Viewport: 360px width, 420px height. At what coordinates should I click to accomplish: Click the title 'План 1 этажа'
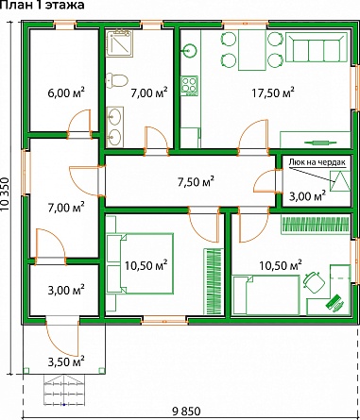point(43,5)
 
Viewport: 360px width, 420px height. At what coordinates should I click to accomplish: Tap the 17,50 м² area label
point(273,92)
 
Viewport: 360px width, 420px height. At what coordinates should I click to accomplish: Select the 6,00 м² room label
point(66,92)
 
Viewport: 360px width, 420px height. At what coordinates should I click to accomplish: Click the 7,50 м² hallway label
point(196,181)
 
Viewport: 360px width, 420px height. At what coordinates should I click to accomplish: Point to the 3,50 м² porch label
point(66,361)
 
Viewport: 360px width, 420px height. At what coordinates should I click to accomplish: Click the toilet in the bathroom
point(116,80)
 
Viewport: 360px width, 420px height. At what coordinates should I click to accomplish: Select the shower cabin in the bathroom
point(119,43)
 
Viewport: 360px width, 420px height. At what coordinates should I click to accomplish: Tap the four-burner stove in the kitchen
point(189,85)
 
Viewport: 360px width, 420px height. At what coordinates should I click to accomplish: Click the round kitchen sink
point(189,50)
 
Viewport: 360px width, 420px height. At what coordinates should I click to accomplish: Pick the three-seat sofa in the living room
point(317,48)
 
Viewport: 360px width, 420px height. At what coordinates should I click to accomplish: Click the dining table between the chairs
point(252,50)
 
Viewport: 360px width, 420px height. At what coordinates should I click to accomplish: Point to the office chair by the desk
point(314,281)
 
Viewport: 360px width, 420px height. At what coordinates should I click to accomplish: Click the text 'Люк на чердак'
point(317,163)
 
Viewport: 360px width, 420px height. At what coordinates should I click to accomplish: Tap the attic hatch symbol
point(340,181)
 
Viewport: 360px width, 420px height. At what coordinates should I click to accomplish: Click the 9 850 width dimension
point(186,411)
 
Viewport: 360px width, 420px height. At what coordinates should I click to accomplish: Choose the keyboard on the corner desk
point(334,302)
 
